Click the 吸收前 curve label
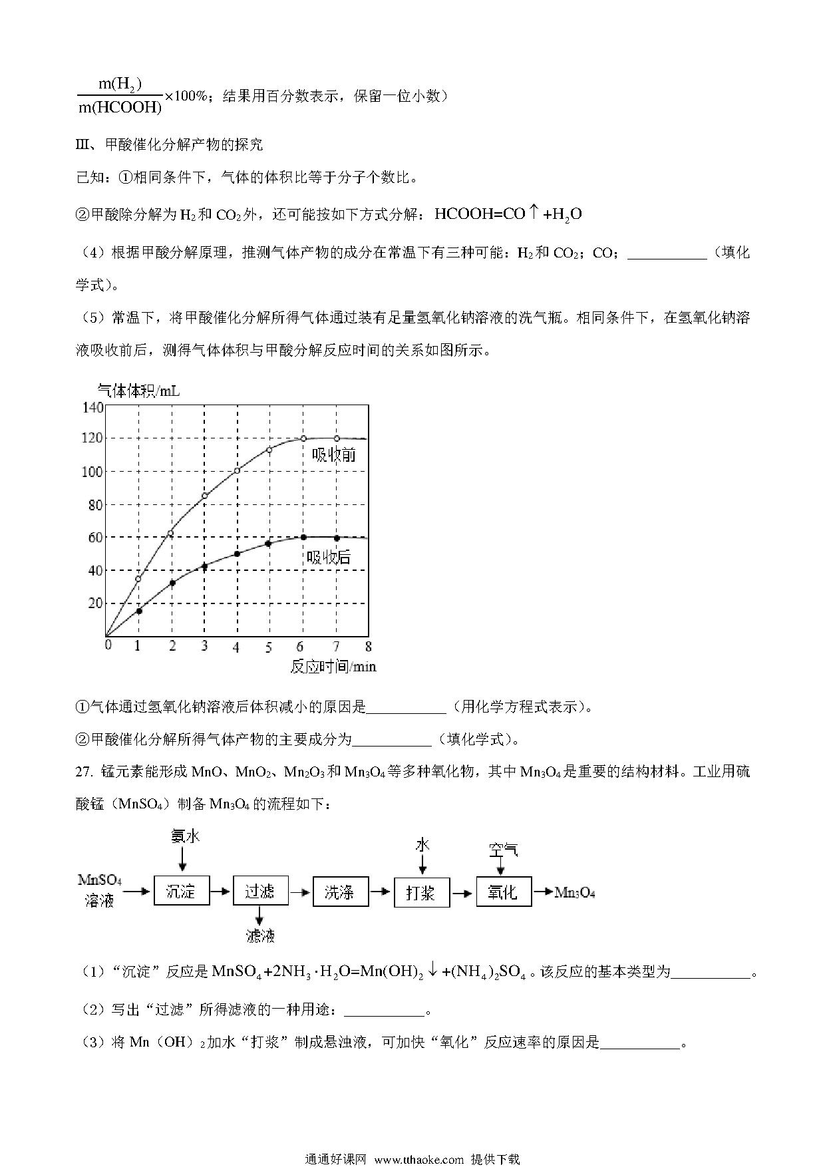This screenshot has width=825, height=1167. click(x=334, y=454)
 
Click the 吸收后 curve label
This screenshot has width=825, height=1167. click(x=329, y=557)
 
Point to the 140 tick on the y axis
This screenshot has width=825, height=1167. click(x=92, y=407)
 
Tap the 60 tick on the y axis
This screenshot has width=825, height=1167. click(x=96, y=538)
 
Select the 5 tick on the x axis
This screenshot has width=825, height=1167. click(x=269, y=647)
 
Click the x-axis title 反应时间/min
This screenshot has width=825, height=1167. click(x=333, y=666)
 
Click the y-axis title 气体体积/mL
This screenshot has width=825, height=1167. click(x=138, y=391)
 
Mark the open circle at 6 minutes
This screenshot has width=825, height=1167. click(x=303, y=438)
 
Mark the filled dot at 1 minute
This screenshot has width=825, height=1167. click(x=139, y=611)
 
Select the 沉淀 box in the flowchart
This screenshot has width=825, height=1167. click(x=182, y=891)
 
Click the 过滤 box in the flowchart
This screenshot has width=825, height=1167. click(x=261, y=891)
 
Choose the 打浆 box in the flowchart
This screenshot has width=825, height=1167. click(x=422, y=892)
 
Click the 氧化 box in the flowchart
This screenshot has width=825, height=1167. click(x=504, y=892)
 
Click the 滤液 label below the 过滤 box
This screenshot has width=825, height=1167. click(x=260, y=935)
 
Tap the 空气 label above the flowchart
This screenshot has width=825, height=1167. click(x=503, y=850)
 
